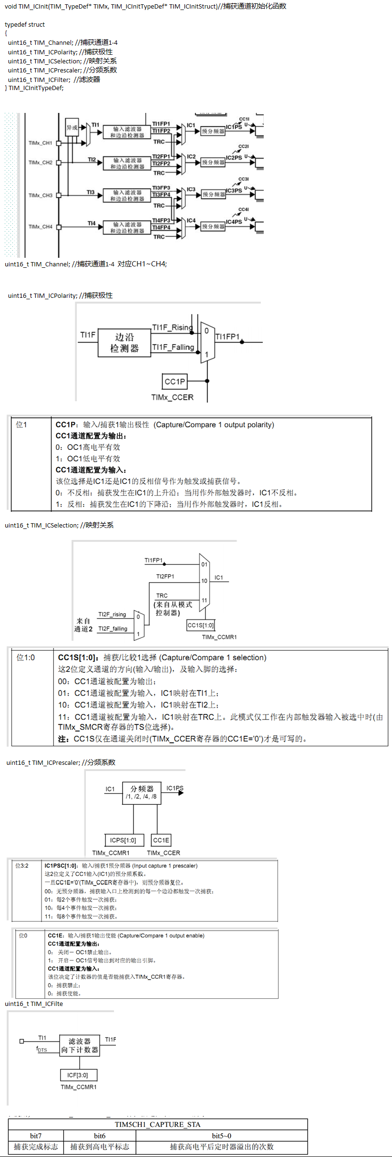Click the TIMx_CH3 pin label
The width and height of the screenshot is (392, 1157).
41,195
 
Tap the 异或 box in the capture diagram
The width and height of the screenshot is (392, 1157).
72,127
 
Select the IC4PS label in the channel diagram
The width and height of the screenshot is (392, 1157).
234,222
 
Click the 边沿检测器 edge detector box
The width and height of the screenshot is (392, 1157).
124,343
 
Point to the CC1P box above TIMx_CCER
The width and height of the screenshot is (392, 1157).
175,382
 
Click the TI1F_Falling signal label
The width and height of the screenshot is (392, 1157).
173,347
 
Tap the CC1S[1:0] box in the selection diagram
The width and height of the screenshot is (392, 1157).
200,625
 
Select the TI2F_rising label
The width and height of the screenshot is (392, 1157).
112,615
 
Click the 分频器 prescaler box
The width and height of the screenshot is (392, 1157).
142,792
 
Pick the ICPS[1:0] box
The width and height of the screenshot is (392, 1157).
123,840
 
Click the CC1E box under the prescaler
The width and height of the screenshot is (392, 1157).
161,840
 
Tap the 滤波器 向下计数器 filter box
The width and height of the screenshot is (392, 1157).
80,1045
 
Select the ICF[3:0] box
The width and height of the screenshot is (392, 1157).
78,1075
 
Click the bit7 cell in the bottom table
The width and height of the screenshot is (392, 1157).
36,1136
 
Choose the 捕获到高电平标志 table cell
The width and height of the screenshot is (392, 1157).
100,1147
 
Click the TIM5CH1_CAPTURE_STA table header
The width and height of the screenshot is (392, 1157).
157,1125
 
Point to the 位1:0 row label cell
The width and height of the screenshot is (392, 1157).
26,658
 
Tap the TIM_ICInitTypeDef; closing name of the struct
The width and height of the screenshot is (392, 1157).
36,88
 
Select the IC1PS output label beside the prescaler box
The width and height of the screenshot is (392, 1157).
175,788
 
